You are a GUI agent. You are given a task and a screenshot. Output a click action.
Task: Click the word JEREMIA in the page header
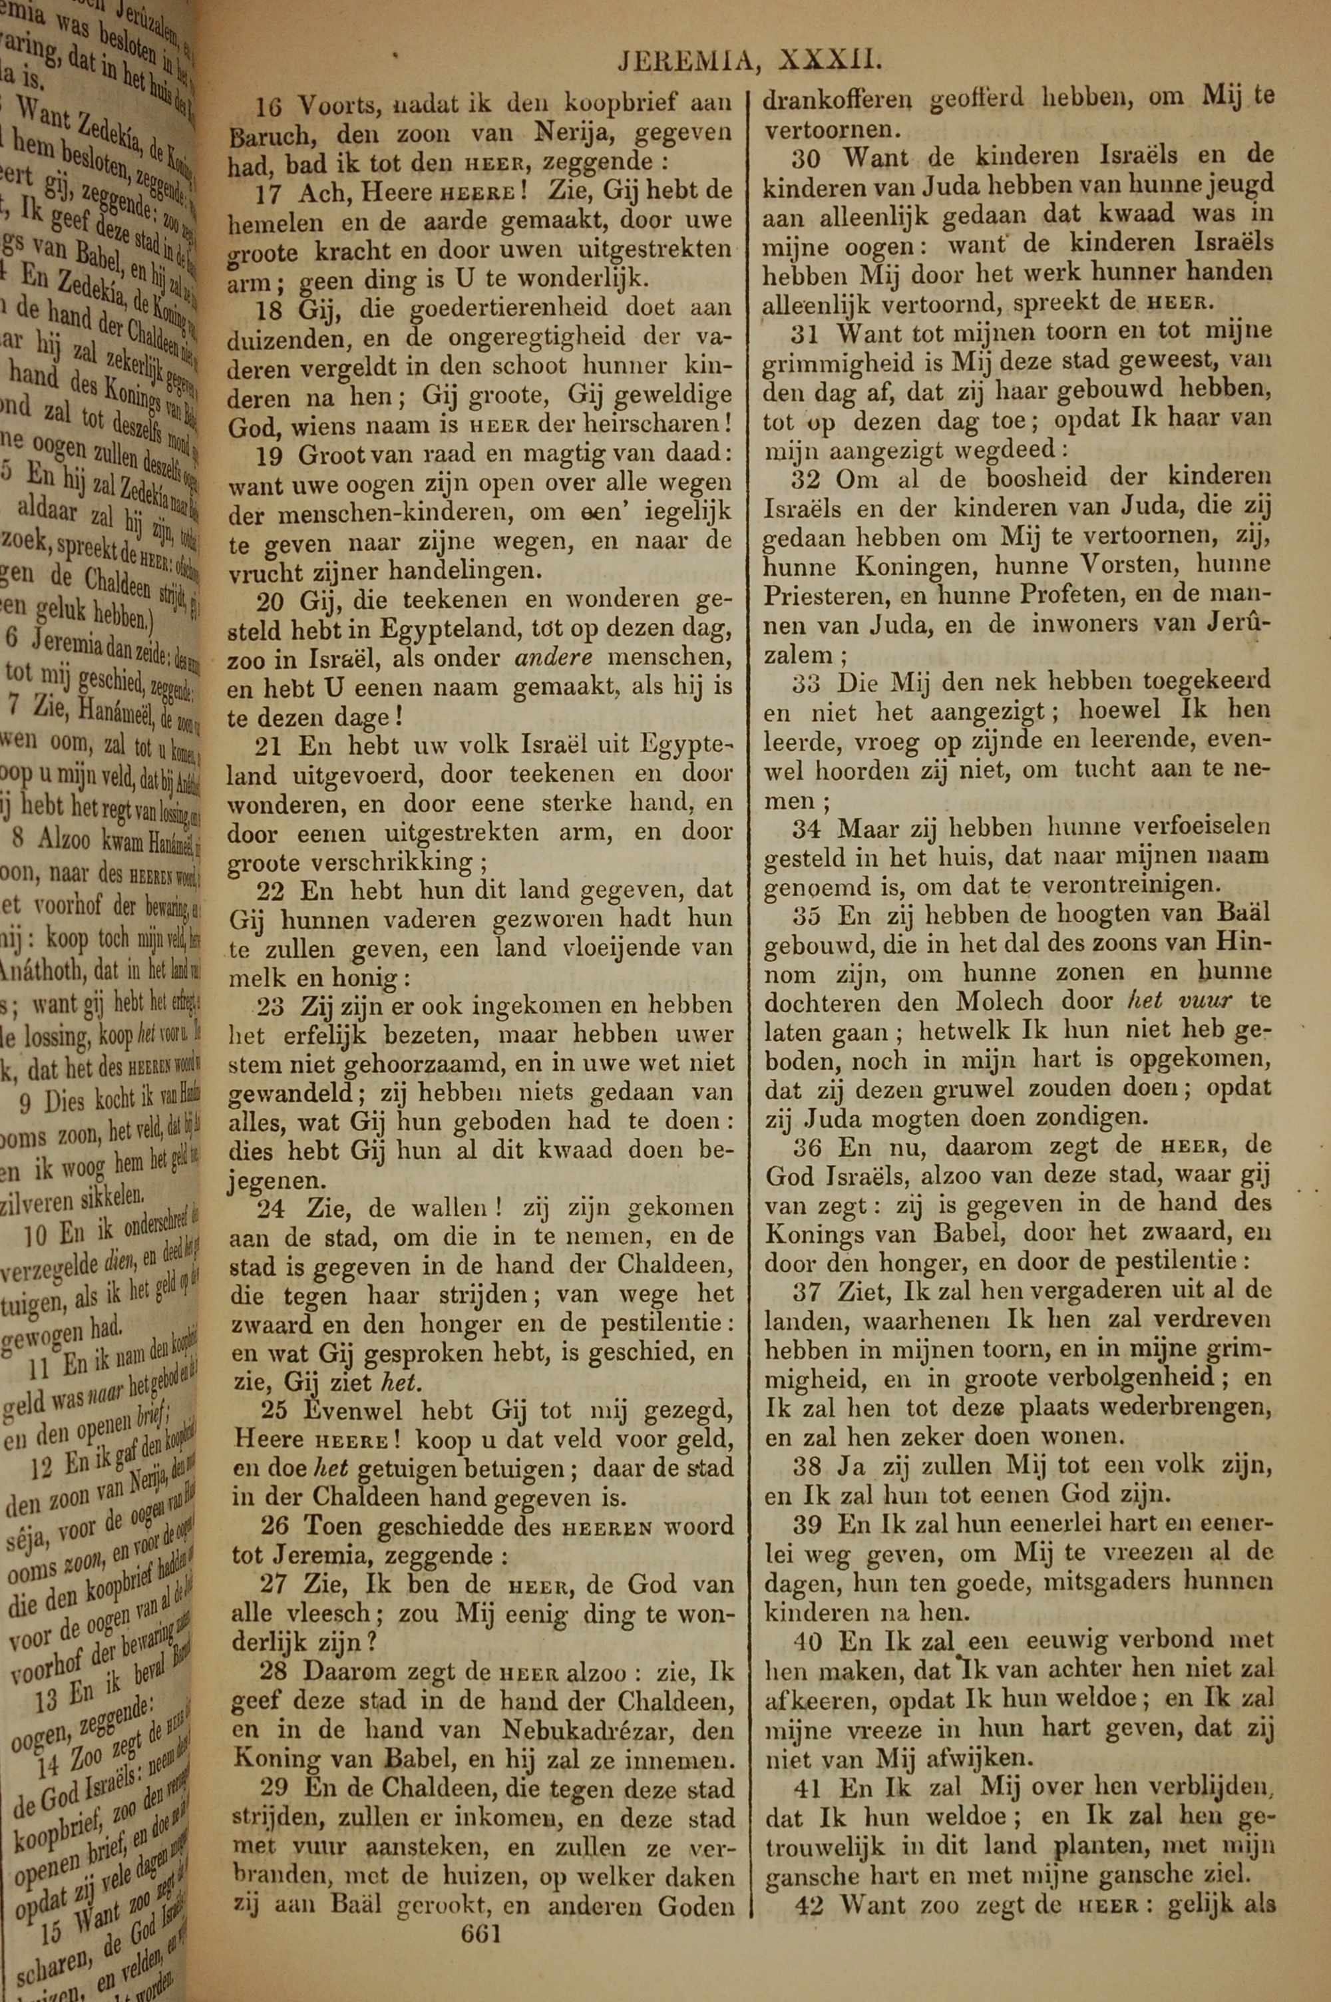tap(687, 61)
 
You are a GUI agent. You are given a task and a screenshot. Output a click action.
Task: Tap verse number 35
tap(807, 916)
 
